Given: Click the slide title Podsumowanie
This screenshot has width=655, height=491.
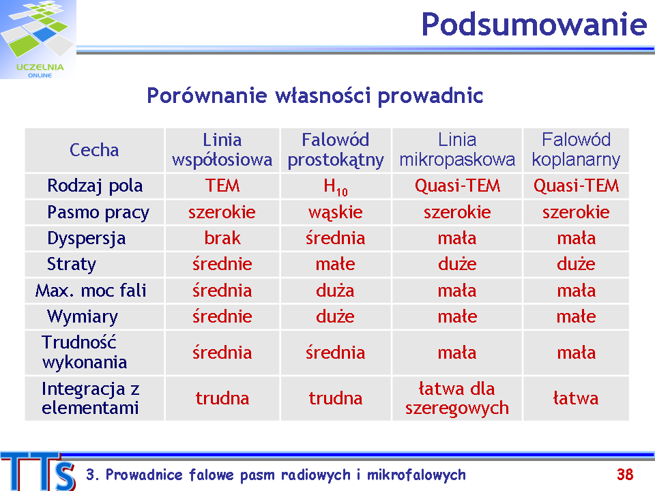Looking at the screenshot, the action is pos(534,25).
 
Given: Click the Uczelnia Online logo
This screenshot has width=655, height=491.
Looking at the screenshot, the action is pos(38,40).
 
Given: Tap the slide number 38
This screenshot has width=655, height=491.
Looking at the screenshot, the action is pos(625,475).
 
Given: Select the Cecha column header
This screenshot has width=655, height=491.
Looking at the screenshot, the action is pos(94,150).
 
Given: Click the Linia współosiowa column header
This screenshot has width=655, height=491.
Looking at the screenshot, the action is pos(222,150).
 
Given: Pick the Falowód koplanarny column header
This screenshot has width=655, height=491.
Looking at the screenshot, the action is pos(576,150).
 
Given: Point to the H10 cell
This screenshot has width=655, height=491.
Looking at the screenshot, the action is pos(336,187).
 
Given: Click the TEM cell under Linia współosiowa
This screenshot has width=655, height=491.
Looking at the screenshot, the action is pos(222,185).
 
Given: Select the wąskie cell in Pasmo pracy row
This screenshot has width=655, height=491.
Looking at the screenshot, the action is pos(336,213).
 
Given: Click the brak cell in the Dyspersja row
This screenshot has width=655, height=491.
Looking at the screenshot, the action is pos(222,239).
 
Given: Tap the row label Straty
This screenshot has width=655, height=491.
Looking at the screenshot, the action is pos(72,265).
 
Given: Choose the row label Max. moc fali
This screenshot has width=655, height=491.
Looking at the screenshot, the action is pos(91,291).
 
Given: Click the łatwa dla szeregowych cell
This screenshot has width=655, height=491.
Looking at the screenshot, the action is pos(457,398).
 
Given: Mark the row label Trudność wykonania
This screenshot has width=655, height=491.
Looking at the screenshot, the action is pos(85,353).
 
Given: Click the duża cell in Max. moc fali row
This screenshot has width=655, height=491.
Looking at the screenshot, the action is pos(335,291).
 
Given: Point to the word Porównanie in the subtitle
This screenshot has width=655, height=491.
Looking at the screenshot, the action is pos(207,95).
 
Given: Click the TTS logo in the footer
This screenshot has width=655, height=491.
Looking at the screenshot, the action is pos(38,471).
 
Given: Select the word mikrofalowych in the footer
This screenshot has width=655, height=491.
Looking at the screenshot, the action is pos(416,475).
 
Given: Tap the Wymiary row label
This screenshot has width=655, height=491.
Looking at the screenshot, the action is pos(83,317).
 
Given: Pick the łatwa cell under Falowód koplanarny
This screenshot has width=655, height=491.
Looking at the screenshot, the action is pos(576,398).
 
